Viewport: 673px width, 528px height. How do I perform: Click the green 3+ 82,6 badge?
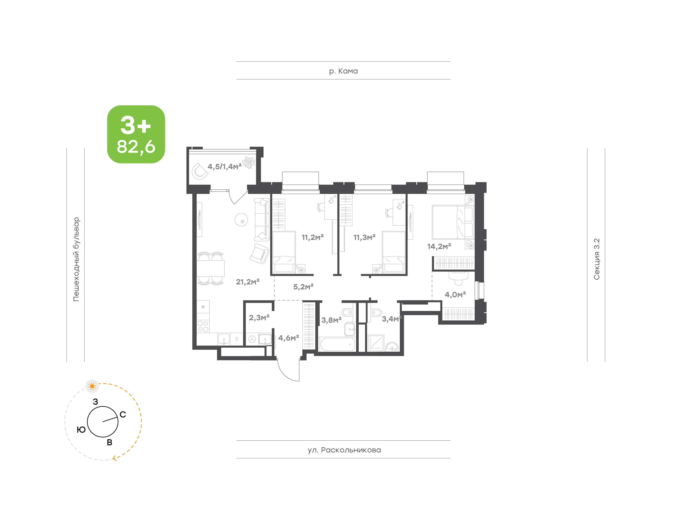pos(136,134)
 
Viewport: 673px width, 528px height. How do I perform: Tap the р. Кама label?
pos(343,71)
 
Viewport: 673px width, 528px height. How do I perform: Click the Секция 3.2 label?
pos(596,259)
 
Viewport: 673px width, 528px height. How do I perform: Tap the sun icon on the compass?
pos(92,386)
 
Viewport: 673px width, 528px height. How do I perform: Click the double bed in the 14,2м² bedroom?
pos(452,222)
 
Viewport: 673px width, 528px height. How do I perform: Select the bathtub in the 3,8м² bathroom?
pos(337,344)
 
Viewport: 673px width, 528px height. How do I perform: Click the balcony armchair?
pos(199,171)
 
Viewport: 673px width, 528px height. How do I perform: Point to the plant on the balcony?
pos(249,162)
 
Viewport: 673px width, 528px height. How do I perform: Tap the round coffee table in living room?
pos(241,220)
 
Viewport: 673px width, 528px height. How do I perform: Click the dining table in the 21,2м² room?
pos(211,268)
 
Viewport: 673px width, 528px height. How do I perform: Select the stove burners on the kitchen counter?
pos(203,326)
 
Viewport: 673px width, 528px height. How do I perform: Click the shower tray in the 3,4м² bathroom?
pos(376,343)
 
